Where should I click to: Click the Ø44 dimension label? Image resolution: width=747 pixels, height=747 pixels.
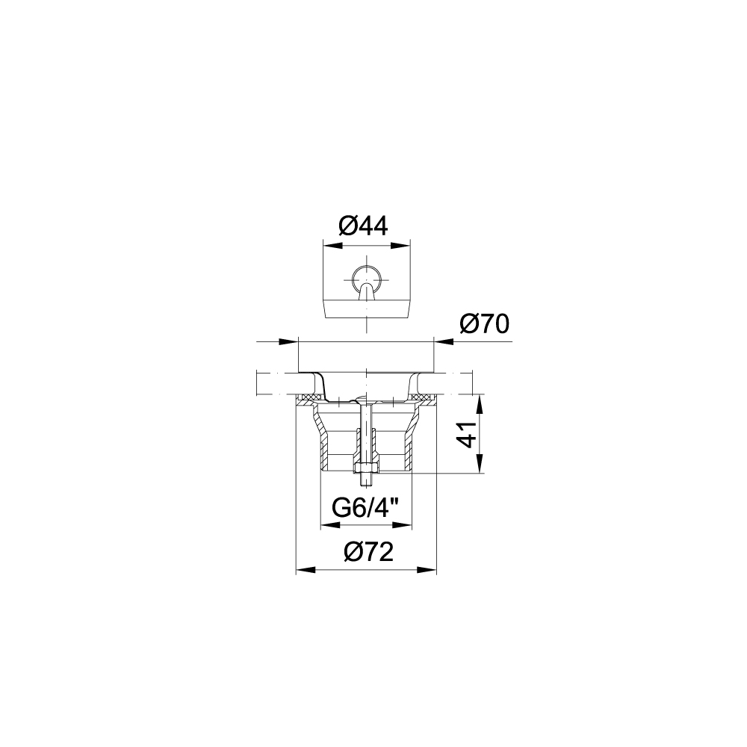click(x=364, y=226)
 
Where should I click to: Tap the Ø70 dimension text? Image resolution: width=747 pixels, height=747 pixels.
click(x=485, y=324)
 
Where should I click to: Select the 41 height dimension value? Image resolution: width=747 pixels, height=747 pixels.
click(x=469, y=434)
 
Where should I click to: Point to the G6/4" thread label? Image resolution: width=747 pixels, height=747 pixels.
click(x=365, y=508)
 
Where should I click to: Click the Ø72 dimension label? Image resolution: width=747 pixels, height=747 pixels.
click(x=369, y=552)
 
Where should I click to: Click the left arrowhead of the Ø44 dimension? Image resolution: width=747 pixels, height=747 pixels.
click(x=332, y=246)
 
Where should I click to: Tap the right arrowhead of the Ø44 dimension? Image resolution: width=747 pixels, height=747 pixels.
click(x=400, y=246)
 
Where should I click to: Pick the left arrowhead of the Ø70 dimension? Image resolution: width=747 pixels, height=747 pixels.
click(x=288, y=341)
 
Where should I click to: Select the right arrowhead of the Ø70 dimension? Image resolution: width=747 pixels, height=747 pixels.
click(x=444, y=341)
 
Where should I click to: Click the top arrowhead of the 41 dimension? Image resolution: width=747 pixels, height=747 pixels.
click(x=480, y=404)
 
